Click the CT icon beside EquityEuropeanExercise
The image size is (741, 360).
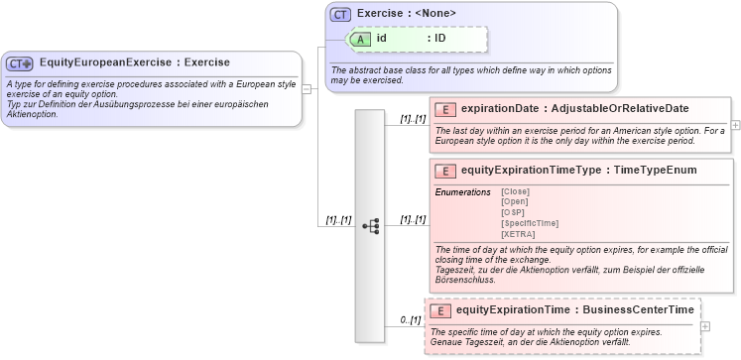[x=20, y=63]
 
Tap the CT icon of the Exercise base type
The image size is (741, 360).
[x=341, y=14]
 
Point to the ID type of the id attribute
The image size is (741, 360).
[x=439, y=39]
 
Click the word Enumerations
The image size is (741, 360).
[x=463, y=191]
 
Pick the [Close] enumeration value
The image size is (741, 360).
[x=516, y=191]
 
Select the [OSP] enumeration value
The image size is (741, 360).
[x=513, y=212]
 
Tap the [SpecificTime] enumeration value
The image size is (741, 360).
[x=530, y=223]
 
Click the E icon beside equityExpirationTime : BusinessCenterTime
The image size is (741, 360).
[x=439, y=310]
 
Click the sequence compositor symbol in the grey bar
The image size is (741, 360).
[x=370, y=226]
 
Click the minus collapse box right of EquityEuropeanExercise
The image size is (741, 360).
[x=308, y=88]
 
